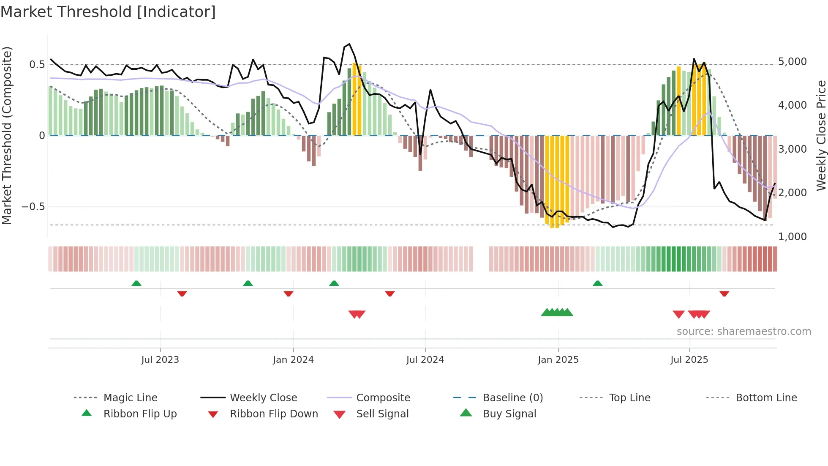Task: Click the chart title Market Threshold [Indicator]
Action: click(x=108, y=12)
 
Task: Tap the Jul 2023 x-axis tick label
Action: click(x=160, y=360)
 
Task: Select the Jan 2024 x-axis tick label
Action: click(x=293, y=360)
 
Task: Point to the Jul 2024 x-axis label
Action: click(x=425, y=360)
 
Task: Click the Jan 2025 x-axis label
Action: click(x=558, y=360)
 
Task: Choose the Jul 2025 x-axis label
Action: click(x=689, y=360)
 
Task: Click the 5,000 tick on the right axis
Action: click(x=792, y=62)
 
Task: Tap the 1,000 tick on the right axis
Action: click(x=792, y=237)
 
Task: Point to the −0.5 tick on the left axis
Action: click(x=33, y=207)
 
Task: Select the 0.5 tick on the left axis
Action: click(x=37, y=65)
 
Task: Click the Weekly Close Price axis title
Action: click(x=821, y=135)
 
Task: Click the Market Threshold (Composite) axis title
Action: click(x=7, y=135)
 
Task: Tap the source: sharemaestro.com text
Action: click(x=744, y=332)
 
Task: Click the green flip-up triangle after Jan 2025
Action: click(x=597, y=283)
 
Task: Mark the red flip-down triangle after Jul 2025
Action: click(x=724, y=293)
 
